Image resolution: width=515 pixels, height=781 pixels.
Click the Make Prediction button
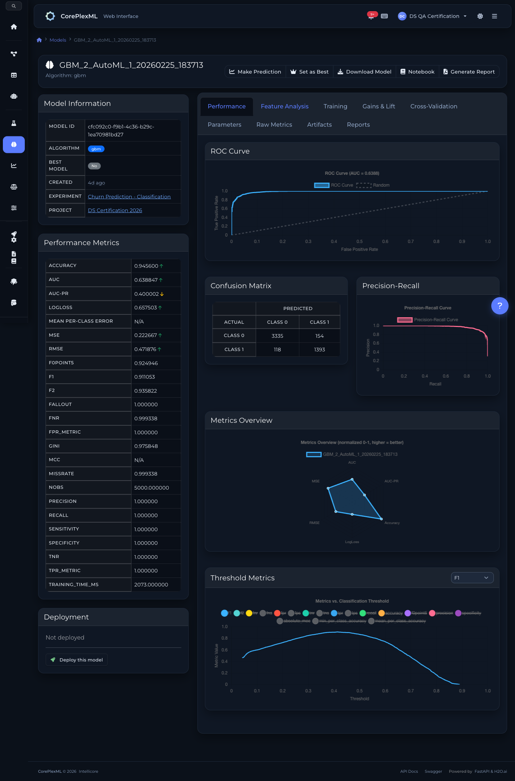pos(255,72)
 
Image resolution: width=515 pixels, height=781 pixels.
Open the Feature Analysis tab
pos(284,107)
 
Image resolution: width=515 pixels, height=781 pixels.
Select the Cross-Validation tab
pos(433,107)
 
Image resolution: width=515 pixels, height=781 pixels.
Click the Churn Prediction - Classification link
pos(129,197)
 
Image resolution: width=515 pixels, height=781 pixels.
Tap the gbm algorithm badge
pos(96,149)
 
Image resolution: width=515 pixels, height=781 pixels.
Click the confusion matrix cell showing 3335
pos(277,336)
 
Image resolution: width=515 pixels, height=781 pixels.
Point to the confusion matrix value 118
pos(277,350)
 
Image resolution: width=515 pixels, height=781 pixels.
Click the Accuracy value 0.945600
pos(146,266)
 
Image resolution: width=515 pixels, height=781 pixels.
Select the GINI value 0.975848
pos(146,446)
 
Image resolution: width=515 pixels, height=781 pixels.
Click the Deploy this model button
pos(76,660)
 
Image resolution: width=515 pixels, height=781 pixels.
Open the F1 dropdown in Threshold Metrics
pos(472,578)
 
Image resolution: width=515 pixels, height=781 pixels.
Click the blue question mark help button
pos(500,306)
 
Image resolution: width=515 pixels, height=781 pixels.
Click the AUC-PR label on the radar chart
pos(391,481)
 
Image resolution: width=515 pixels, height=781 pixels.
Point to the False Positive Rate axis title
pos(359,249)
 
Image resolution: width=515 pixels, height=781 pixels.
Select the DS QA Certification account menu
pos(433,16)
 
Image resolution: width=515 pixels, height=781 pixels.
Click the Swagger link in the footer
pos(433,771)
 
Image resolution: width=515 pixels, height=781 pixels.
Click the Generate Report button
pos(469,72)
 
